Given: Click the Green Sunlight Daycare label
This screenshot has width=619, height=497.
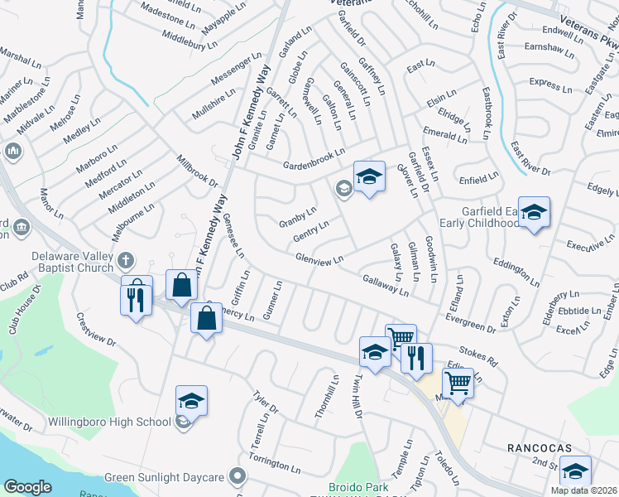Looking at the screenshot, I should click(x=164, y=477).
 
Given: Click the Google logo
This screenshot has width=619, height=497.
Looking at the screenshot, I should click(x=27, y=486).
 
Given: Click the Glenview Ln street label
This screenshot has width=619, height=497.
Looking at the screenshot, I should click(x=319, y=260).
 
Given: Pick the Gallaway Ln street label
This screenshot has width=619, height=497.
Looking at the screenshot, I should click(x=386, y=285).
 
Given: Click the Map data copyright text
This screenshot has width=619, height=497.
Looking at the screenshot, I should click(x=584, y=490).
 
